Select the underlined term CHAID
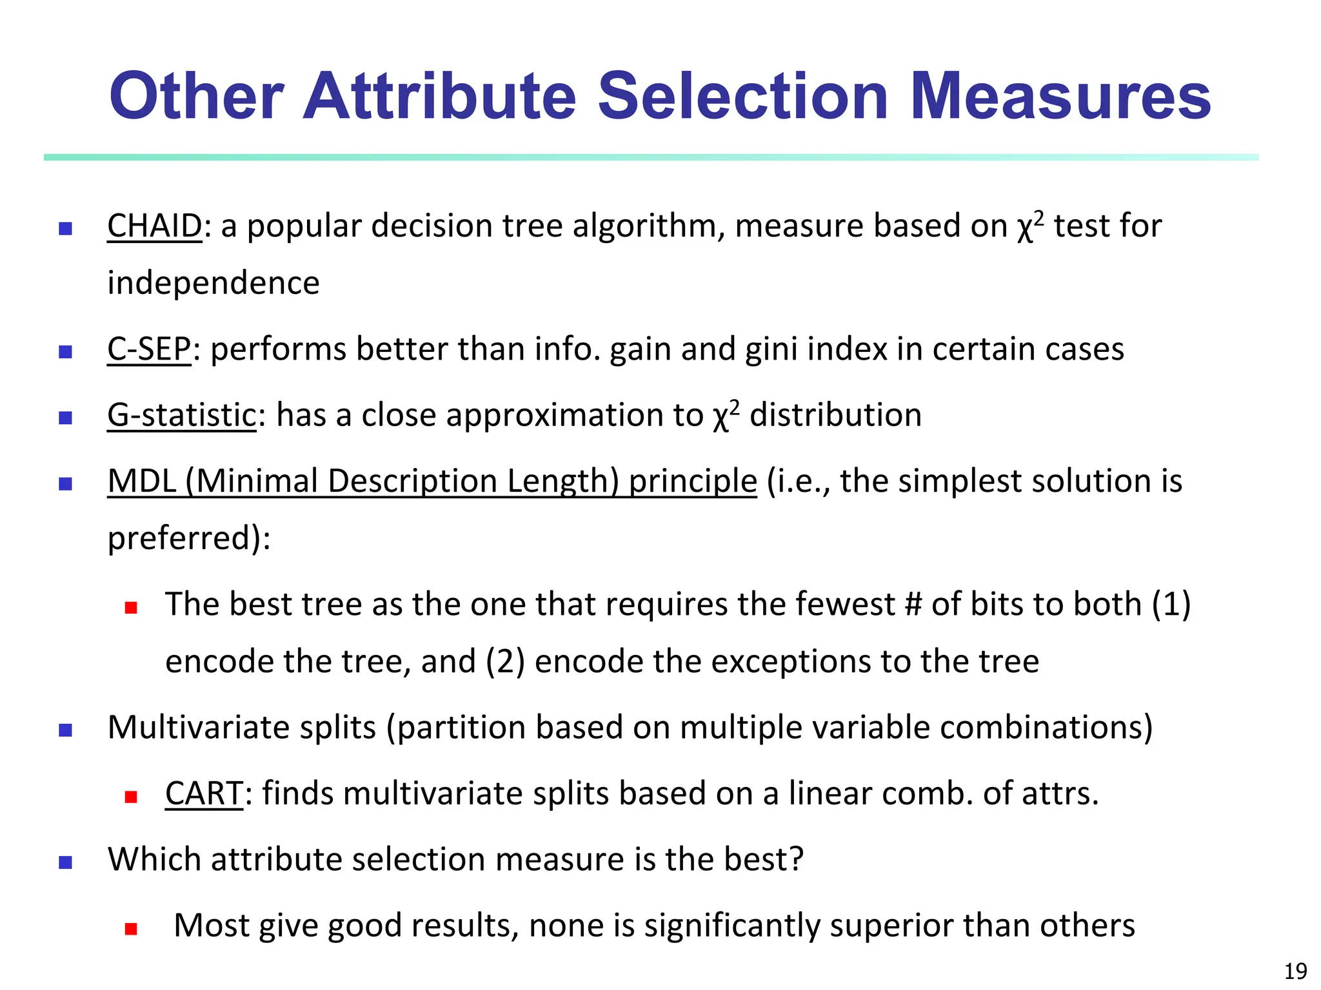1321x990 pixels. (155, 226)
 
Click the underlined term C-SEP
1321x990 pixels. (149, 349)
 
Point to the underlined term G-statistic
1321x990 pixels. (182, 415)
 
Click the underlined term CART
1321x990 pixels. (204, 793)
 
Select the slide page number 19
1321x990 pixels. (1295, 971)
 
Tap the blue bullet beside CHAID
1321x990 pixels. (65, 229)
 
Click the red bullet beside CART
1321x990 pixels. (132, 797)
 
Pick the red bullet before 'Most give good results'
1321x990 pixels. (132, 929)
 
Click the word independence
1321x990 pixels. (214, 284)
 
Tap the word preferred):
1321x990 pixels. (189, 539)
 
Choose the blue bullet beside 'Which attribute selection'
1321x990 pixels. (65, 862)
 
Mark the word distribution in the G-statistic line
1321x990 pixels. (835, 415)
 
